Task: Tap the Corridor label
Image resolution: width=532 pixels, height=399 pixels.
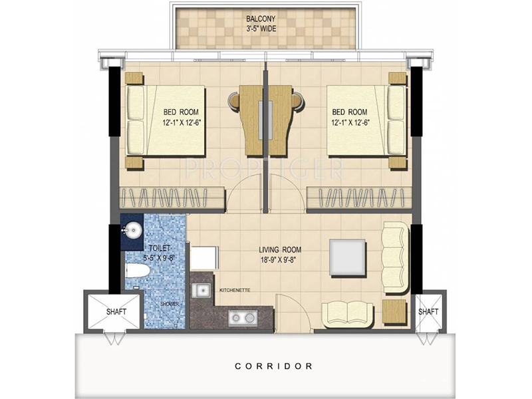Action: pyautogui.click(x=274, y=366)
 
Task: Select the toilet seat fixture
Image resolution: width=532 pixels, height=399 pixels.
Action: pyautogui.click(x=138, y=271)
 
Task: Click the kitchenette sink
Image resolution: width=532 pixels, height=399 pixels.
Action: pyautogui.click(x=202, y=291)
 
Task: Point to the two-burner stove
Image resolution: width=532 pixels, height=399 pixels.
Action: pyautogui.click(x=243, y=318)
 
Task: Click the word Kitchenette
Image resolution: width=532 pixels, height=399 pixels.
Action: pyautogui.click(x=235, y=291)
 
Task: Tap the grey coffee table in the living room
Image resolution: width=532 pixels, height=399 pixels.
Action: pyautogui.click(x=348, y=258)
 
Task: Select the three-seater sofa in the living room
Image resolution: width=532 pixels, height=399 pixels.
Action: pyautogui.click(x=396, y=258)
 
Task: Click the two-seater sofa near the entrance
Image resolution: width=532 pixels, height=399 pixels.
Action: pyautogui.click(x=348, y=315)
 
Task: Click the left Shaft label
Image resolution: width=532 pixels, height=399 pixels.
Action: pyautogui.click(x=116, y=311)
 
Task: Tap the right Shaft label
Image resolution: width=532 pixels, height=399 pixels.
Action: pyautogui.click(x=428, y=311)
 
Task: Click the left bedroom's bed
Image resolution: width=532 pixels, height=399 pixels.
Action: pyautogui.click(x=166, y=121)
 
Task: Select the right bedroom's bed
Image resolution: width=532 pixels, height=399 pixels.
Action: pyautogui.click(x=366, y=121)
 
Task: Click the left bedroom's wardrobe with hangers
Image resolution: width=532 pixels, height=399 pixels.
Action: pyautogui.click(x=172, y=198)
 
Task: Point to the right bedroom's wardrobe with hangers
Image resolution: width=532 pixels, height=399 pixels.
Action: pyautogui.click(x=359, y=198)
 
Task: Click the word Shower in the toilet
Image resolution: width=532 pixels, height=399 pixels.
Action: pyautogui.click(x=170, y=304)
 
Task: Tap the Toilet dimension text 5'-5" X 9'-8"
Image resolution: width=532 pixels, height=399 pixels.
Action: pyautogui.click(x=159, y=258)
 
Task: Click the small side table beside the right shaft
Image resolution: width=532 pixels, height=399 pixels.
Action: pyautogui.click(x=394, y=311)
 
